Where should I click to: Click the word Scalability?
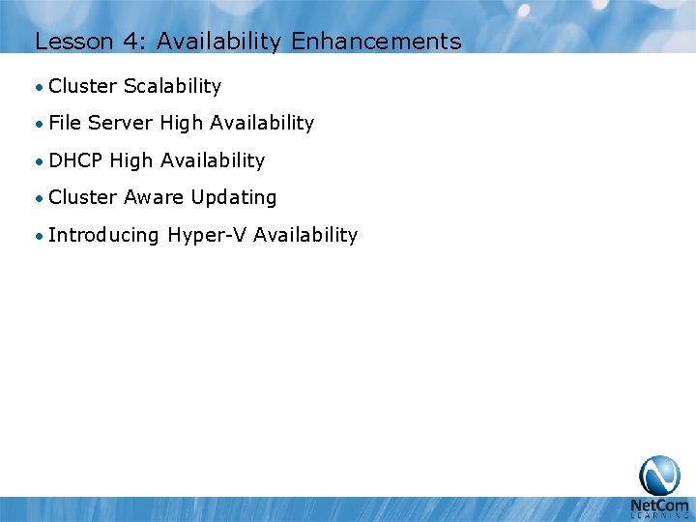coord(172,86)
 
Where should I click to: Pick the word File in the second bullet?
coord(65,123)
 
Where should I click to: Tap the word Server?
coord(121,123)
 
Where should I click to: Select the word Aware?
coord(154,197)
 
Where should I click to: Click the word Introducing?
coord(102,235)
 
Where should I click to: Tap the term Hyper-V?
coord(207,235)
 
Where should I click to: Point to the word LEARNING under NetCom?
coord(659,515)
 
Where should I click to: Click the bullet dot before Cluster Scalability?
coord(38,87)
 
